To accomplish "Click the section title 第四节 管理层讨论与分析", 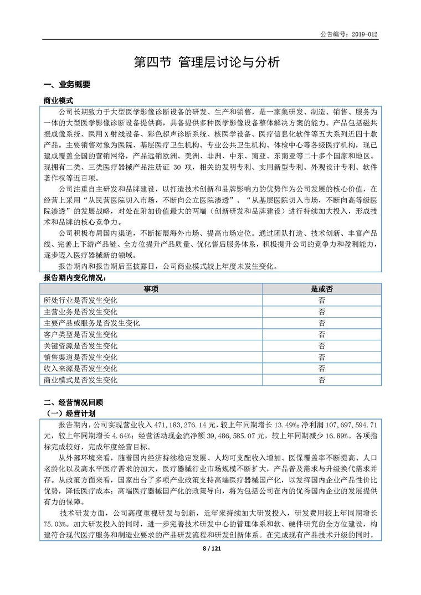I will pyautogui.click(x=210, y=63).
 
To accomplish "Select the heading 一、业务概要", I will pyautogui.click(x=66, y=85).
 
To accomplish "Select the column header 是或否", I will pyautogui.click(x=321, y=289).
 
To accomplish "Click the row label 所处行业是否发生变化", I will pyautogui.click(x=81, y=300).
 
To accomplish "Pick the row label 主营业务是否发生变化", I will pyautogui.click(x=81, y=312).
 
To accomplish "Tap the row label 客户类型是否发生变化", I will pyautogui.click(x=81, y=334).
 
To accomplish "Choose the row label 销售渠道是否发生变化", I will pyautogui.click(x=81, y=357).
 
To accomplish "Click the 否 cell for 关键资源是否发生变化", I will pyautogui.click(x=321, y=346).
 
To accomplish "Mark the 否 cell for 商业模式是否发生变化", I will pyautogui.click(x=321, y=380).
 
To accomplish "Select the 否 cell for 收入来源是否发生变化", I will pyautogui.click(x=321, y=369).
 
